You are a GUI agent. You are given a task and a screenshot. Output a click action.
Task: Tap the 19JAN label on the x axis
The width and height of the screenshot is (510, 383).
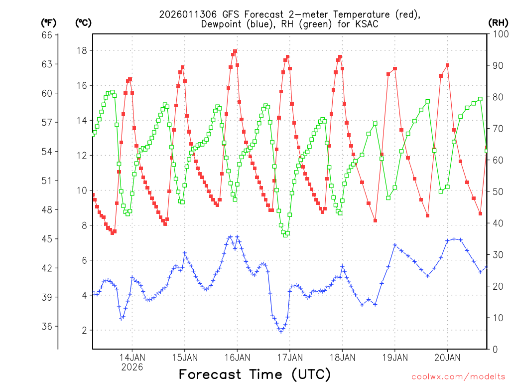395,357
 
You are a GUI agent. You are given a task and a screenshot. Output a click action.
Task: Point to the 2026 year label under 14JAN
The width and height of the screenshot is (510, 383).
132,367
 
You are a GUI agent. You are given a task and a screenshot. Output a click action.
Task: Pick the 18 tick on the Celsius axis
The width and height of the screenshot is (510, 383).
82,50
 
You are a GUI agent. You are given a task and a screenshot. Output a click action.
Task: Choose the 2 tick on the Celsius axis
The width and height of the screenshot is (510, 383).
84,330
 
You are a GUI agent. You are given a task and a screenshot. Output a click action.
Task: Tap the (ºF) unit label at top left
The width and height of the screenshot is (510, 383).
48,22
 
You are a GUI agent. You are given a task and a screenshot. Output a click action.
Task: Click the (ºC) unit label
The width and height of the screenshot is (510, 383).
83,22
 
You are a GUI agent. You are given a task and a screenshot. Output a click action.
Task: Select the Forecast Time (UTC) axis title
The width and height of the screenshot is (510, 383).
255,374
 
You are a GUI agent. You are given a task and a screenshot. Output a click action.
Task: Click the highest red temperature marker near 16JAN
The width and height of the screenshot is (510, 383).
235,51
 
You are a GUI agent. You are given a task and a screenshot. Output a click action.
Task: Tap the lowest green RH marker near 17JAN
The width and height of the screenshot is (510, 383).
286,234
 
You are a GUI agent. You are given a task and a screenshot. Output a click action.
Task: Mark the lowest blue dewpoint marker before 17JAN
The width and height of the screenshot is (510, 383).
281,331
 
